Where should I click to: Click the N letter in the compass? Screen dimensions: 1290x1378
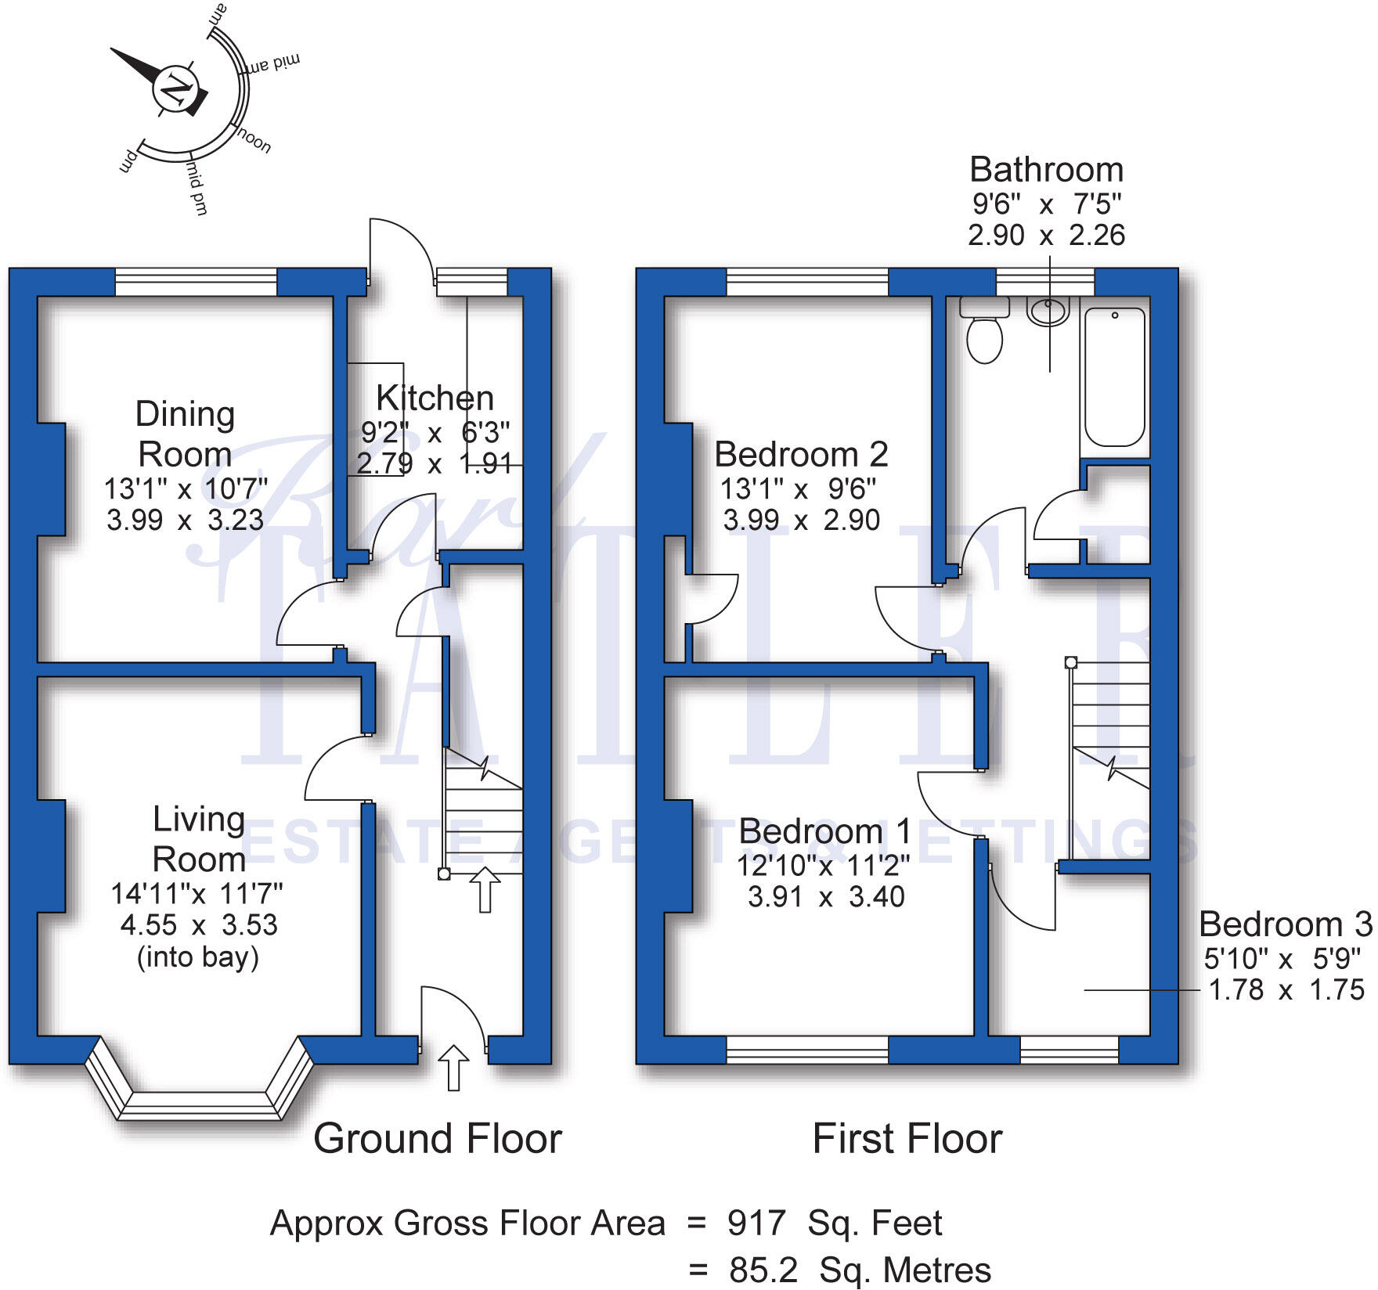[175, 88]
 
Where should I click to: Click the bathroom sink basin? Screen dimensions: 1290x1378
[1048, 312]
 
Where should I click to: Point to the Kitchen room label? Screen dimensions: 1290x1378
[435, 398]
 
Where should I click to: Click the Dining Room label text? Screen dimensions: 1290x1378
[185, 434]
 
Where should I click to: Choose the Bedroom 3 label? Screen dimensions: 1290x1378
[1285, 924]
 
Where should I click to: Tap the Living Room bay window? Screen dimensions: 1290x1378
[200, 1088]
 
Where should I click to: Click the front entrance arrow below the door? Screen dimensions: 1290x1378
[453, 1068]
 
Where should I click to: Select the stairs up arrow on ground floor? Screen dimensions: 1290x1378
[485, 889]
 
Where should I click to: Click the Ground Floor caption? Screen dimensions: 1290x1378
[438, 1139]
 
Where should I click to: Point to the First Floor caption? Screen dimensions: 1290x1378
[907, 1139]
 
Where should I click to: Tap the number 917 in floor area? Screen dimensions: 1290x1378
[756, 1223]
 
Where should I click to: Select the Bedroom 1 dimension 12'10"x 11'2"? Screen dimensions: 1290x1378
[823, 865]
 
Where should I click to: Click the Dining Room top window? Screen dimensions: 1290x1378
[197, 283]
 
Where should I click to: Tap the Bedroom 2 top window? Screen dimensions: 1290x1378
[807, 283]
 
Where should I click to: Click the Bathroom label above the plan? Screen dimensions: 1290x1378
[1046, 170]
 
